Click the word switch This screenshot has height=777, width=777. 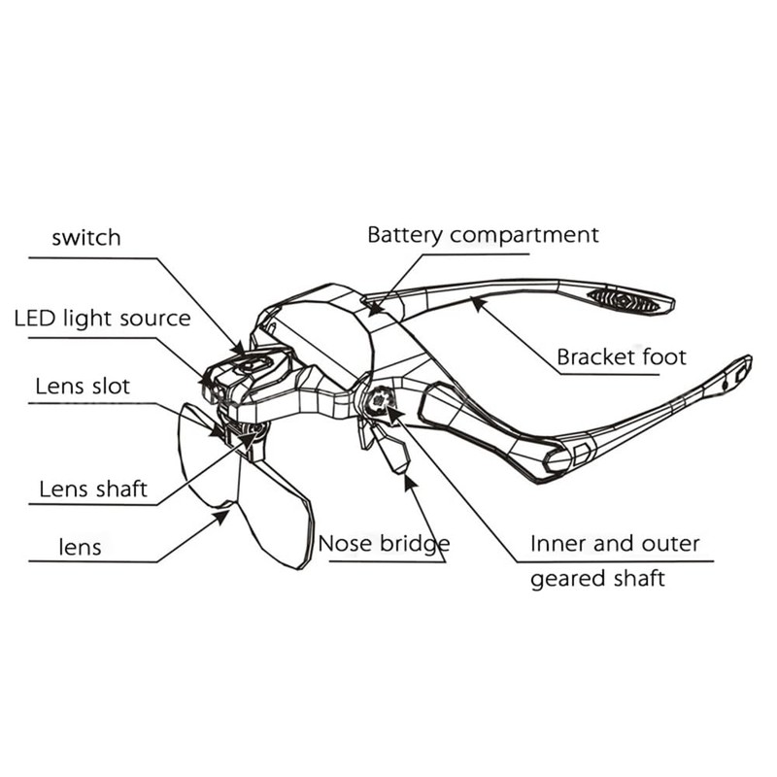86,237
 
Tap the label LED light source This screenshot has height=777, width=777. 102,318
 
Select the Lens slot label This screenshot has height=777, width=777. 83,386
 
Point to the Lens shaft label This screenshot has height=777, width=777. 93,488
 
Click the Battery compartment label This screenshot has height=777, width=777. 483,235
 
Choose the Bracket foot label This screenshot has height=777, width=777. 621,357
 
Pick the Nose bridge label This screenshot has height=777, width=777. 384,543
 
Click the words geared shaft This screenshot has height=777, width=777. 597,579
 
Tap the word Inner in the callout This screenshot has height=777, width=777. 556,543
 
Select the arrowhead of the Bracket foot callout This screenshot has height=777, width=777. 475,303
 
